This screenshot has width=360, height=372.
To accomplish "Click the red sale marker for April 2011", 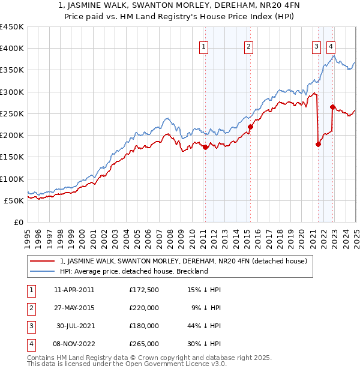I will pyautogui.click(x=205, y=147).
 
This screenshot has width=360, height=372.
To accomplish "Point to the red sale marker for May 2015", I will pyautogui.click(x=250, y=127).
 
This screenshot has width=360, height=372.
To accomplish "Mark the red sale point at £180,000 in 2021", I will pyautogui.click(x=318, y=144).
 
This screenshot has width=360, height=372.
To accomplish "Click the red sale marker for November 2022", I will pyautogui.click(x=332, y=107).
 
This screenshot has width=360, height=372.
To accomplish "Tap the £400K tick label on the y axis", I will pyautogui.click(x=12, y=49).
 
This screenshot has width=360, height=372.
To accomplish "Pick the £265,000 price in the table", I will pyautogui.click(x=144, y=344).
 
